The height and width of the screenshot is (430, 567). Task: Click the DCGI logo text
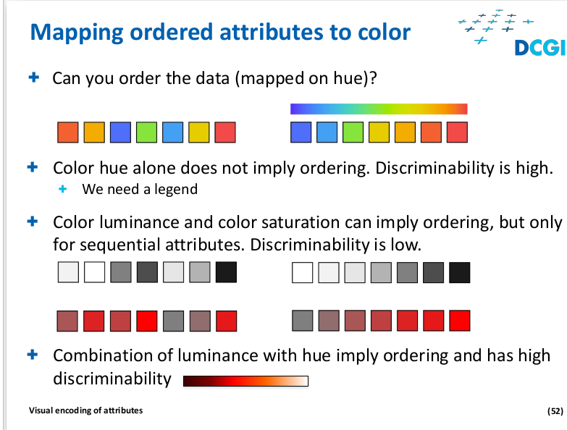point(540,48)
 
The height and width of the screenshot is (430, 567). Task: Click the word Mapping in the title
point(77,33)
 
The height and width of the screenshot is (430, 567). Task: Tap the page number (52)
point(555,411)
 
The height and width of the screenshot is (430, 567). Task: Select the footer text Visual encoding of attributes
point(85,410)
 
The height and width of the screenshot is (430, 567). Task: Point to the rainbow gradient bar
point(379,109)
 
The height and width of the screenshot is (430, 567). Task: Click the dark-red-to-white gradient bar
point(245,381)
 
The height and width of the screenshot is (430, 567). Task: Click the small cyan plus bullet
point(62,189)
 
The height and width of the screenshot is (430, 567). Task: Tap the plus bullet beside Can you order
point(33,77)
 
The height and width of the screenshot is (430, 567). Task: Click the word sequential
point(122,245)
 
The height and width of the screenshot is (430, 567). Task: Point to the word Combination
point(112,355)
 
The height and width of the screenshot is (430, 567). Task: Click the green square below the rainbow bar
point(353,132)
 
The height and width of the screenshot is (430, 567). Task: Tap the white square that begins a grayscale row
point(302,272)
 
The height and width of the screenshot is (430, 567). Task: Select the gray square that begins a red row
point(302,321)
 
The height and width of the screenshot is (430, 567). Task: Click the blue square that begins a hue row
point(301,132)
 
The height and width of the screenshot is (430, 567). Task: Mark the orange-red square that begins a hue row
point(67,132)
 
